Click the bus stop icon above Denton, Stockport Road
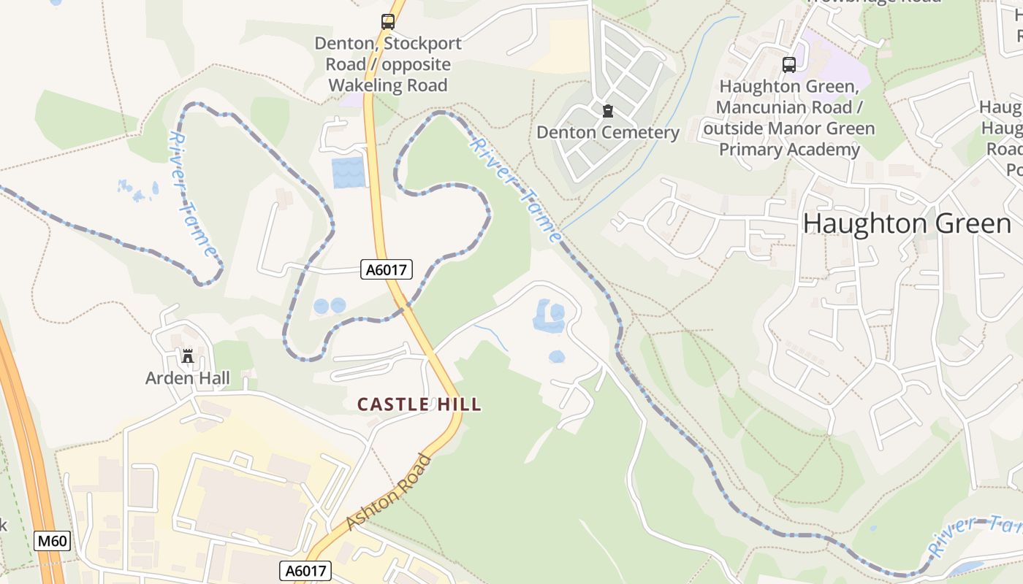387,22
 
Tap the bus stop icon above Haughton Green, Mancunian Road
789,64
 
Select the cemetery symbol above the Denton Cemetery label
607,111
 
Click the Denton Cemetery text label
607,132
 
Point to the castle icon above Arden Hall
188,356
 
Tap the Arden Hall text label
188,378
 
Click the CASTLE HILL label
419,404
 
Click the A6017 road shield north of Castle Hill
387,270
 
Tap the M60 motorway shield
52,542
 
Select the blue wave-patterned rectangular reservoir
348,172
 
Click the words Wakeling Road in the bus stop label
387,85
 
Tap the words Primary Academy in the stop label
789,150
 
